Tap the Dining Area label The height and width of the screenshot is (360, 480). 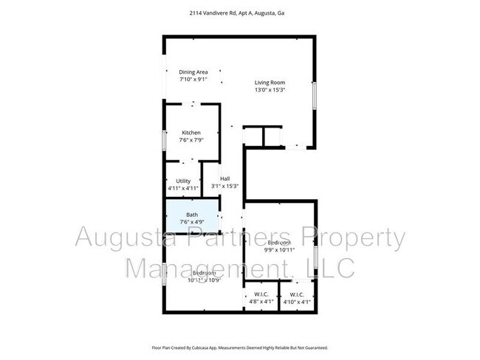point(193,72)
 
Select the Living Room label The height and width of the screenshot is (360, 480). point(270,83)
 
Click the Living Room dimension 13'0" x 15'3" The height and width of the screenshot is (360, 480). point(270,90)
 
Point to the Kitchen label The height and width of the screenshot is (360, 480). point(191,133)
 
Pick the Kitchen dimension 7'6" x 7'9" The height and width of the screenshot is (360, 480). point(191,139)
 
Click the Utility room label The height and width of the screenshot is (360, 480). point(183,181)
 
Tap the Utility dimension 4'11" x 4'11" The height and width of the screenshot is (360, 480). point(183,188)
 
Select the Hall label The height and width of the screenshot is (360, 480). point(224,179)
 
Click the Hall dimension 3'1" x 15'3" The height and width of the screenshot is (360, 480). point(224,186)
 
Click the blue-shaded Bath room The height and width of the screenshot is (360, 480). point(192,219)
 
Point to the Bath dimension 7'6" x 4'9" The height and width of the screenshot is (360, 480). point(192,223)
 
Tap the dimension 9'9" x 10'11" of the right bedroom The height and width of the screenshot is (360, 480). point(280,249)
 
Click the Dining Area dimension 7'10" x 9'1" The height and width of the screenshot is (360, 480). point(193,79)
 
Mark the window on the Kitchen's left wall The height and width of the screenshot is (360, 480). point(164,139)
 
